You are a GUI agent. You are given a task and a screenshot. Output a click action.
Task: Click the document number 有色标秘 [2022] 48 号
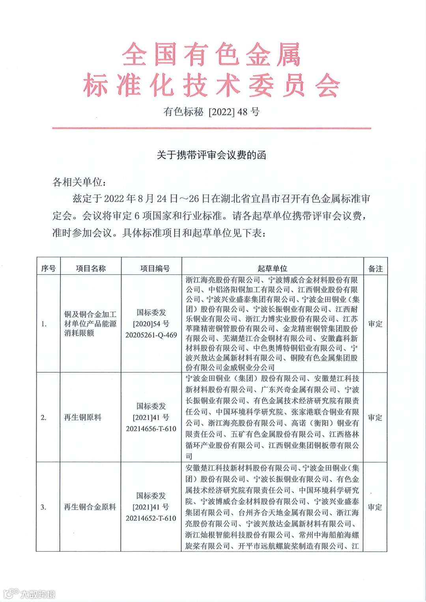(211, 112)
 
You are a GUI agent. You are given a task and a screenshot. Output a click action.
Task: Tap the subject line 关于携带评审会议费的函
(211, 155)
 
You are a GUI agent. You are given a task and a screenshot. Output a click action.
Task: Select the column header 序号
(48, 268)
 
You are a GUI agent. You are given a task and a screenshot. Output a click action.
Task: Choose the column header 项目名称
(91, 268)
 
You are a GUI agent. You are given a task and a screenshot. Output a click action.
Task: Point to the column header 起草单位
(272, 268)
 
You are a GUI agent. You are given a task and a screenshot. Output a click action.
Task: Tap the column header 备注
(375, 268)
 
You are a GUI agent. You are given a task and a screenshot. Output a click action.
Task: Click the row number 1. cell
(44, 324)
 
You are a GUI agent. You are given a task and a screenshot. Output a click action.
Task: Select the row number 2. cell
(44, 417)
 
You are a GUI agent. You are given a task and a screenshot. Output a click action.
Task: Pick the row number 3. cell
(44, 507)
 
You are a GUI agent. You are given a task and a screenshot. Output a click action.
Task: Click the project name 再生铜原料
(83, 417)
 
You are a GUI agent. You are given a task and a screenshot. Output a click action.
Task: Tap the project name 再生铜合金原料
(90, 507)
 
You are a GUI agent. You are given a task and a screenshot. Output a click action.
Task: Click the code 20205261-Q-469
(151, 335)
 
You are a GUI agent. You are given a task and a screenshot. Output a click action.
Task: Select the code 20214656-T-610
(151, 429)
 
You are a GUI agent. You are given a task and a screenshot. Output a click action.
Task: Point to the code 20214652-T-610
(151, 518)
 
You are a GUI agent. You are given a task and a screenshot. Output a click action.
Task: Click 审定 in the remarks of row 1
(375, 324)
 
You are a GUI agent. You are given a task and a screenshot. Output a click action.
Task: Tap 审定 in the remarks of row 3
(375, 507)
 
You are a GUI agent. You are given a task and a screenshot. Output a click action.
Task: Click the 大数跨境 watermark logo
(30, 593)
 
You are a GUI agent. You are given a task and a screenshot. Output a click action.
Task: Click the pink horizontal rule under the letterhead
(211, 128)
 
